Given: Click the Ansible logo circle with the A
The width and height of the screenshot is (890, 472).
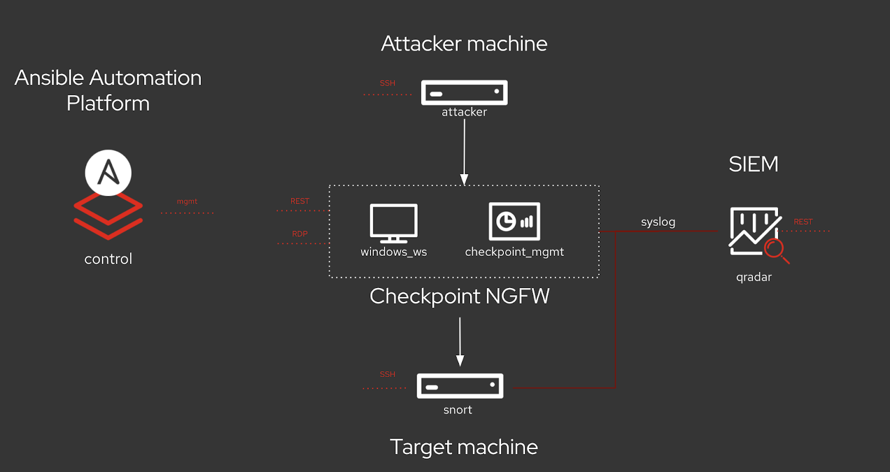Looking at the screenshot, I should point(108,172).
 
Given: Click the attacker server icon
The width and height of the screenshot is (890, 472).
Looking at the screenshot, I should point(464,93).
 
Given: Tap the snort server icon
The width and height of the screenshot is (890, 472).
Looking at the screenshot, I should point(460,386).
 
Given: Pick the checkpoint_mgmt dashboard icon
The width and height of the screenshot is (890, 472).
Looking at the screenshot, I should point(515,221).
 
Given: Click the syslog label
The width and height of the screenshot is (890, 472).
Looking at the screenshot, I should point(658,222).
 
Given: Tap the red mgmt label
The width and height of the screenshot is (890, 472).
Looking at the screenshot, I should point(187,201).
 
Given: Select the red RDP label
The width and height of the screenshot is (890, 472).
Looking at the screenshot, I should point(300,234).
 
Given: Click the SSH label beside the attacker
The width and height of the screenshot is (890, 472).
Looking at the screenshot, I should point(388,83).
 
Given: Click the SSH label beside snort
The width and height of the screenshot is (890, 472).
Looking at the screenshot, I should point(388,374).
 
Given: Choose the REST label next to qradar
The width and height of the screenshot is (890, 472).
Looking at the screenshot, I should point(803,222).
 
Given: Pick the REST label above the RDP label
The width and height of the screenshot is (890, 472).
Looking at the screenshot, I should point(300,201).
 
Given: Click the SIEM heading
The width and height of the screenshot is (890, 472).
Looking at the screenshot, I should point(754,165).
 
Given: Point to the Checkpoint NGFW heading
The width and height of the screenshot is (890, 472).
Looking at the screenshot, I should point(459,296).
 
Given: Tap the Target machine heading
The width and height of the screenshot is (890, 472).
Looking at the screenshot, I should point(464,447).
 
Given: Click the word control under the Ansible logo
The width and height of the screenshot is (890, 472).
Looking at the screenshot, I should point(108,259).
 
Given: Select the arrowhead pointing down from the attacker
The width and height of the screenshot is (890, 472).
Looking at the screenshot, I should point(464,179).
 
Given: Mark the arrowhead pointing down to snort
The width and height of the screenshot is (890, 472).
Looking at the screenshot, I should point(460,360).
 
